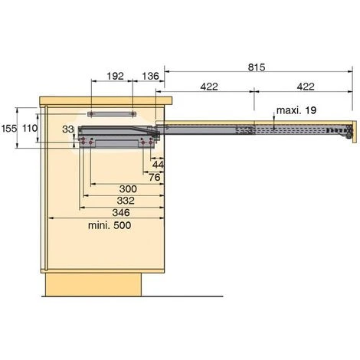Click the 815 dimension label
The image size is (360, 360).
coord(257,67)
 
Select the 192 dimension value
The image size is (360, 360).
coord(115,76)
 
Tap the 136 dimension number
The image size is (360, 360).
coord(150,76)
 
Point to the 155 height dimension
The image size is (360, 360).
coord(9,129)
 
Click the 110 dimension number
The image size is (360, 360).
coord(30,128)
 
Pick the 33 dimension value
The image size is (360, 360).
coord(68,129)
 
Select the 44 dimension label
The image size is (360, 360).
coord(158,165)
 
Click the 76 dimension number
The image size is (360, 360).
coord(155,177)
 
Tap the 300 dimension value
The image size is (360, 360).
coord(128,189)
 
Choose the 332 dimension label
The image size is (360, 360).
coord(126,201)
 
